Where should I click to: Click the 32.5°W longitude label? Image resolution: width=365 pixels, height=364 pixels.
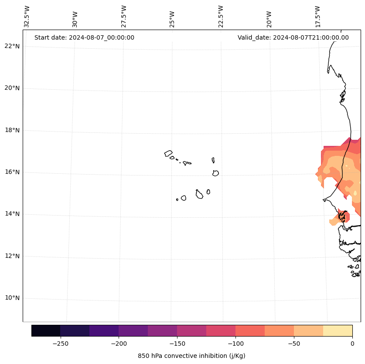click(27, 17)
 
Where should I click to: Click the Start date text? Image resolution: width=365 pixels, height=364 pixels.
click(84, 37)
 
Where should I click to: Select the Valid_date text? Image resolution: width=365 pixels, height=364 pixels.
click(293, 37)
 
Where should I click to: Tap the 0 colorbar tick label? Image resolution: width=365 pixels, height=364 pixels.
click(352, 344)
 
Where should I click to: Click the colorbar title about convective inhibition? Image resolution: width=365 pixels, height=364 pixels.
click(191, 356)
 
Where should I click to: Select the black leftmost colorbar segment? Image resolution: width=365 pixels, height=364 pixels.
click(46, 330)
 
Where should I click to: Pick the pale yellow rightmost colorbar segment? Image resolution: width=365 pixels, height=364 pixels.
click(338, 330)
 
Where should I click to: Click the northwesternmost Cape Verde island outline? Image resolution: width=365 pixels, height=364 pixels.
click(168, 153)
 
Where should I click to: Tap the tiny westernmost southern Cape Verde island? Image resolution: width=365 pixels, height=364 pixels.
click(177, 199)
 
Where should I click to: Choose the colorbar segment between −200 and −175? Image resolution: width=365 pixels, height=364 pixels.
click(133, 330)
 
